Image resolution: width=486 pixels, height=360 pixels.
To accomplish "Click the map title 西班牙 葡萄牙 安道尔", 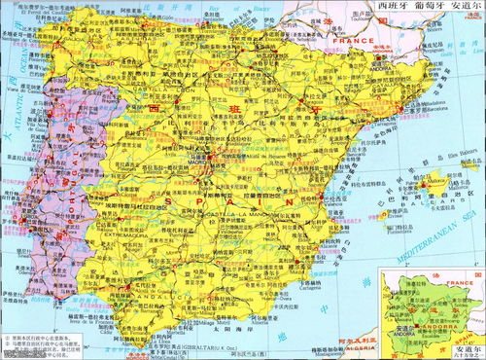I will tap(429, 8).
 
